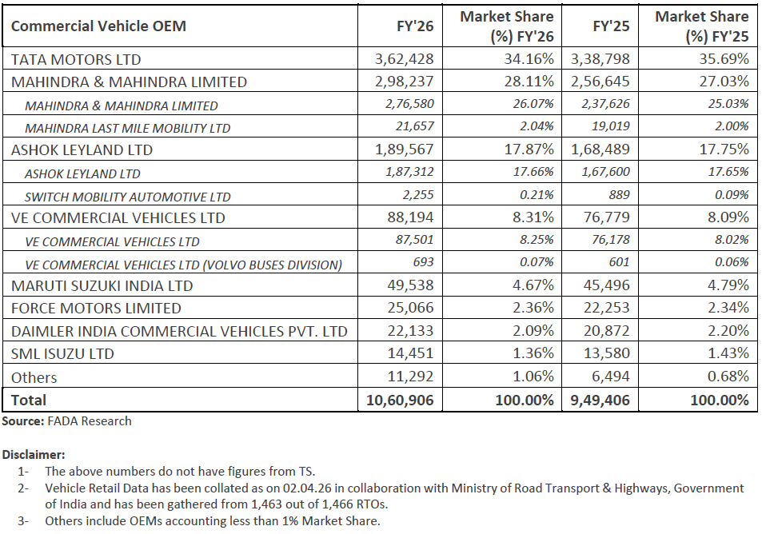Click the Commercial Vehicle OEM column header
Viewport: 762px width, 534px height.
[x=98, y=26]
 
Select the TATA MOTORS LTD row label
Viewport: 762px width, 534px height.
[x=76, y=59]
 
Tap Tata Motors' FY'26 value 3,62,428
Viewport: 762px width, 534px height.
[x=405, y=59]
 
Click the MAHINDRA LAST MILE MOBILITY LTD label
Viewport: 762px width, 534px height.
[x=128, y=128]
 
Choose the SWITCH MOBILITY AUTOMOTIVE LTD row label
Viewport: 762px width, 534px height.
[x=128, y=197]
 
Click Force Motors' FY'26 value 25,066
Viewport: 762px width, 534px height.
[x=411, y=309]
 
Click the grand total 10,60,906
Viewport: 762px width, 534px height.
[x=398, y=400]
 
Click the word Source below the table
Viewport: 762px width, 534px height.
[x=22, y=420]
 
